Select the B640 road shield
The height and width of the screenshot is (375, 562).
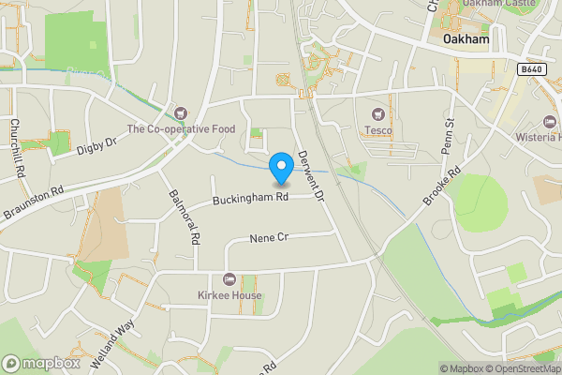(x=530, y=69)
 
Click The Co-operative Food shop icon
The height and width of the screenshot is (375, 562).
(x=181, y=113)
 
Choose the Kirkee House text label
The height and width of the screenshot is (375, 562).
(x=229, y=296)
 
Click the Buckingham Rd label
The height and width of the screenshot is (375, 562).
(x=249, y=199)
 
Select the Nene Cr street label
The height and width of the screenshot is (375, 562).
(x=267, y=239)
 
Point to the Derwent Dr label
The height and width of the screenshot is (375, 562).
(x=308, y=178)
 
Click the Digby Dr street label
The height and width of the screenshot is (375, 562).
(x=96, y=145)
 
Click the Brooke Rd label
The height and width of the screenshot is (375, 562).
(x=446, y=187)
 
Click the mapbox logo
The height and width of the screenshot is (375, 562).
(x=40, y=363)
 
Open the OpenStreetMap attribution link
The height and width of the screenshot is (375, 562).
(x=521, y=368)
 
